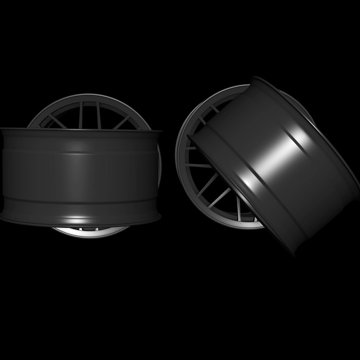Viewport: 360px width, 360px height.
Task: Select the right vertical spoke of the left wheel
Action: [x=99, y=115]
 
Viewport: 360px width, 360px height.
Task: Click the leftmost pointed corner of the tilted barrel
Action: [x=189, y=137]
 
